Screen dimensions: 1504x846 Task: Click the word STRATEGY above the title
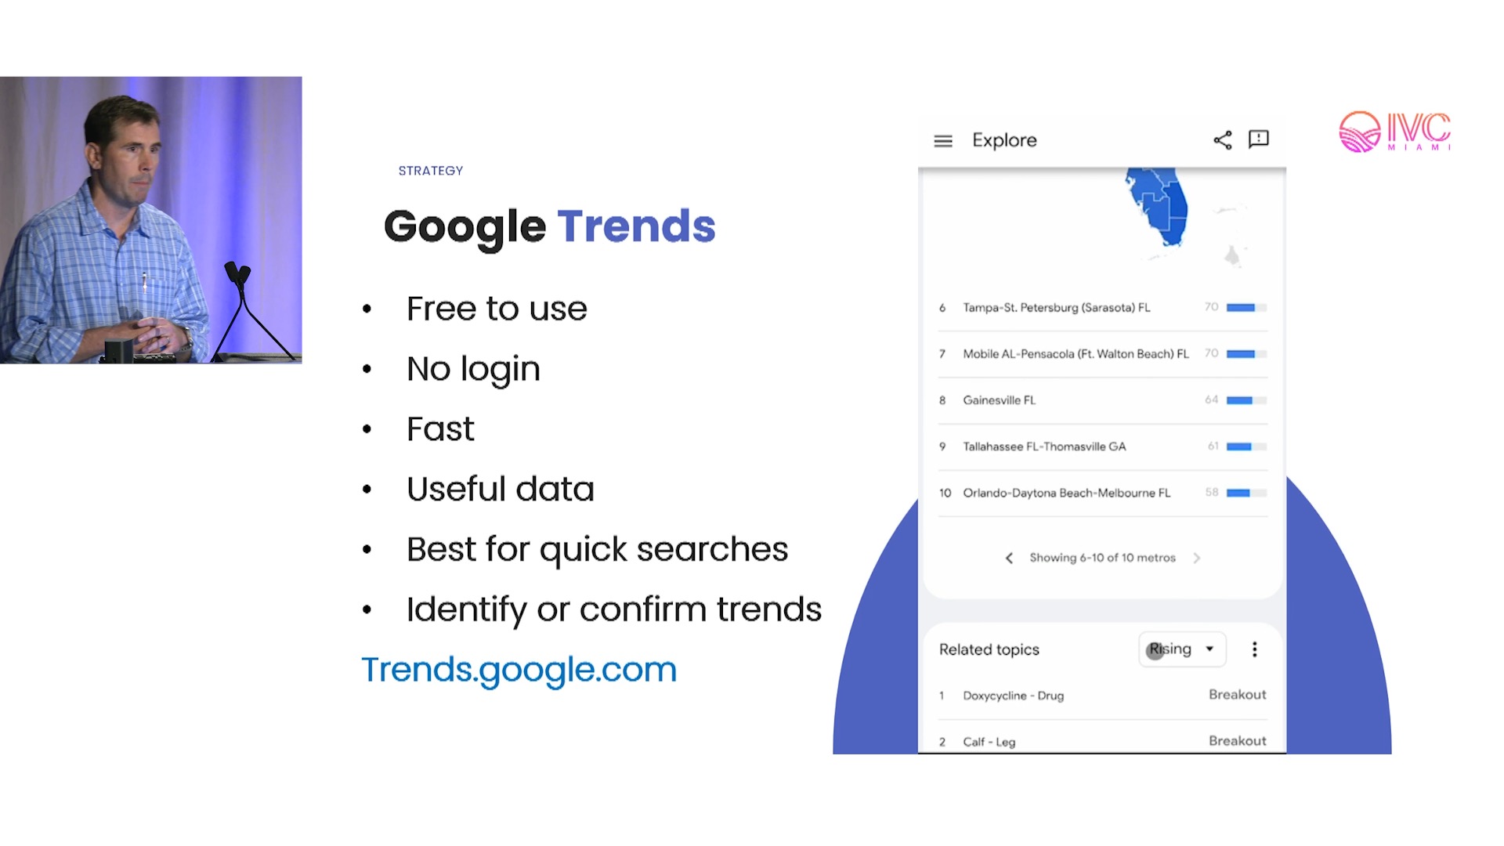(x=430, y=171)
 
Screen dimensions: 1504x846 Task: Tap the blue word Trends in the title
(x=636, y=226)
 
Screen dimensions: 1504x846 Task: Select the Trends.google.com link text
(x=519, y=670)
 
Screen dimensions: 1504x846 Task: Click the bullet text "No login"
(x=473, y=369)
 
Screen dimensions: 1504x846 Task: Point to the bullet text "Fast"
(x=440, y=429)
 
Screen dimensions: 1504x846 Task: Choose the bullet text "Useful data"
(x=501, y=489)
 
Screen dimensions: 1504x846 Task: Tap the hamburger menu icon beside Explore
(x=943, y=141)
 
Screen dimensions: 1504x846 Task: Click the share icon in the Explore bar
(x=1223, y=140)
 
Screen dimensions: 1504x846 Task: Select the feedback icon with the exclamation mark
(x=1259, y=139)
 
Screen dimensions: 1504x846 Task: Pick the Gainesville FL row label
(x=999, y=400)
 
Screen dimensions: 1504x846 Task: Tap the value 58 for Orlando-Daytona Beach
(x=1212, y=493)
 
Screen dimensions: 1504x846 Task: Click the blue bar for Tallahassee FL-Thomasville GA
(x=1239, y=446)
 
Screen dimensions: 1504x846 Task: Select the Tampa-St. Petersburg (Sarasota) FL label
(x=1057, y=308)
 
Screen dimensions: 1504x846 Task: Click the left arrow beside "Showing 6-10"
(x=1009, y=559)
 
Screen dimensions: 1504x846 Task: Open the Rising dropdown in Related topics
(x=1182, y=649)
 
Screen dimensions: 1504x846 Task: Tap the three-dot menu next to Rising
(x=1255, y=649)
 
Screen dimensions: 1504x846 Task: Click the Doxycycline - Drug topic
(x=1013, y=696)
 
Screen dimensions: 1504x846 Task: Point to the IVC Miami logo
(x=1395, y=132)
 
